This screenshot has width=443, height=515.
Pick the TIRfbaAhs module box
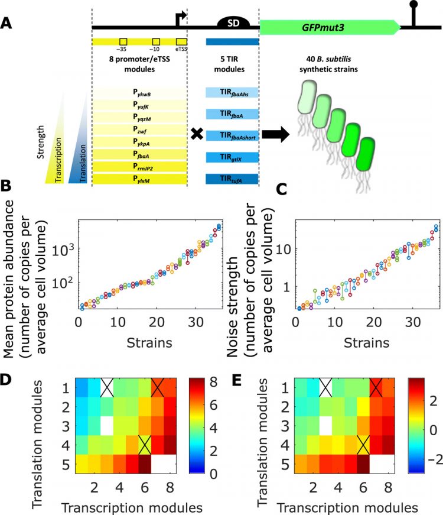[x=232, y=93]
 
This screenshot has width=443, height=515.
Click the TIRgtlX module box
[x=232, y=157]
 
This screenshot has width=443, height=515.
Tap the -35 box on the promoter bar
[x=123, y=41]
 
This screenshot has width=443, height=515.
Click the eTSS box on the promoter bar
[x=181, y=41]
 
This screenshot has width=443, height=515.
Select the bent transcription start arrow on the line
[x=181, y=18]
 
